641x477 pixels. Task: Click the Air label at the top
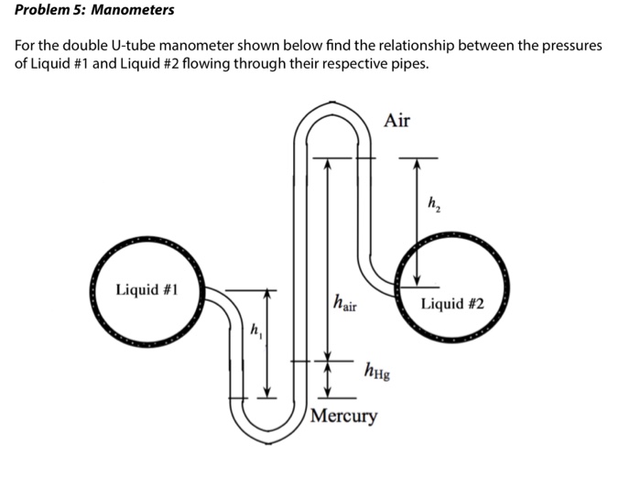pyautogui.click(x=397, y=120)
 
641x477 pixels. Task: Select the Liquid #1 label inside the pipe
pyautogui.click(x=147, y=290)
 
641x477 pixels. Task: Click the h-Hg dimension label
pyautogui.click(x=376, y=370)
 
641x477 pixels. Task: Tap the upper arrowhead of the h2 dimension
pyautogui.click(x=417, y=163)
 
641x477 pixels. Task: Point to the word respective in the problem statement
pyautogui.click(x=355, y=63)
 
